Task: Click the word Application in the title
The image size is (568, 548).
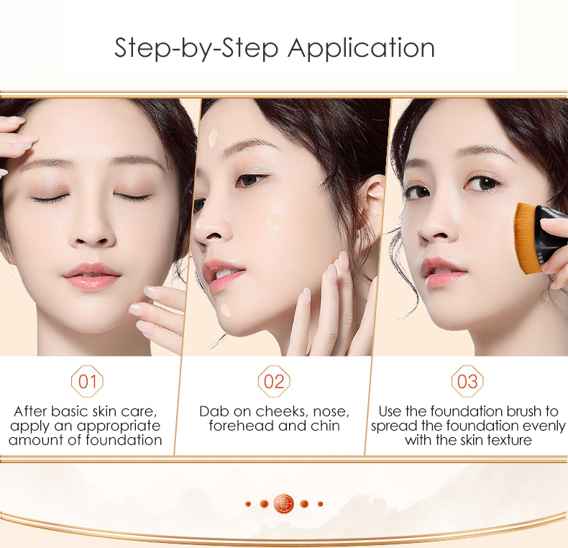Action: point(362,49)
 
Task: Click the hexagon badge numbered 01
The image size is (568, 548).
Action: point(87,381)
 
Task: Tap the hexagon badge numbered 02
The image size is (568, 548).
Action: point(274,381)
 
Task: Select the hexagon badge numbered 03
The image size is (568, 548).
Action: point(467,381)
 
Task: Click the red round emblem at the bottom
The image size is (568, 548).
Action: point(284,503)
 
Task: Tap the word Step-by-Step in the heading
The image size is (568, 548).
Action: point(197,49)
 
